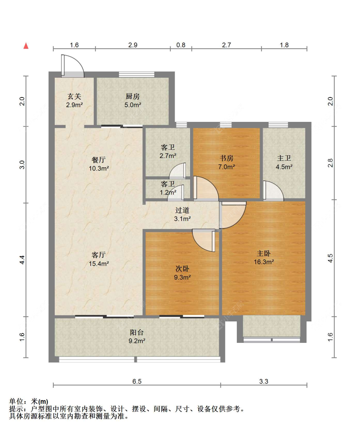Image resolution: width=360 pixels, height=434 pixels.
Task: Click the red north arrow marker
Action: [x=26, y=46]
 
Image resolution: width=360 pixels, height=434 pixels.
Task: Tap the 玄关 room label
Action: [x=74, y=97]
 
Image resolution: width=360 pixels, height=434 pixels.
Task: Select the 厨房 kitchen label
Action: [x=133, y=97]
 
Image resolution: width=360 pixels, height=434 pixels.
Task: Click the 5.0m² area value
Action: [x=133, y=105]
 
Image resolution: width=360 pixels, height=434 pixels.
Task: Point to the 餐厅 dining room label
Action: [x=99, y=160]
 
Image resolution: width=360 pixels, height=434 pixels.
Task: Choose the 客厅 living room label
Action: [x=99, y=255]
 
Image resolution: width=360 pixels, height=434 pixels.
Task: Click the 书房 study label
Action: [x=227, y=158]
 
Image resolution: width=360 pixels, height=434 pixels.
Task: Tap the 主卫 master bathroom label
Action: [x=284, y=158]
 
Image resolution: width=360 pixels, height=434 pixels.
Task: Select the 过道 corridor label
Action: [x=182, y=210]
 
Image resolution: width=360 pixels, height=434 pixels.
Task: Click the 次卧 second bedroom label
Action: [x=182, y=269]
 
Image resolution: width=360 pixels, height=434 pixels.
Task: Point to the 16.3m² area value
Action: [x=264, y=262]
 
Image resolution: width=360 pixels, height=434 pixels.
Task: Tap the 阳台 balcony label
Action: [x=137, y=333]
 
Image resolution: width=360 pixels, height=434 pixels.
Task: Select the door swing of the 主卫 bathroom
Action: [x=273, y=191]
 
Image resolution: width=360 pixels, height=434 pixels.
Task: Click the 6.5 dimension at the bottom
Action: [x=137, y=382]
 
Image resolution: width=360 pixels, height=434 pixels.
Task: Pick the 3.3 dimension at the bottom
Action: [x=264, y=382]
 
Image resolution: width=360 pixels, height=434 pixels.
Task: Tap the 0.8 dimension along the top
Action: [x=181, y=45]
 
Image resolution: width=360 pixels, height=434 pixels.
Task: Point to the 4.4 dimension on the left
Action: [x=22, y=260]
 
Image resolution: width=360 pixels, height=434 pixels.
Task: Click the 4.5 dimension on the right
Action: [x=331, y=258]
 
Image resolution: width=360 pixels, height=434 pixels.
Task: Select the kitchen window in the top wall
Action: [x=137, y=75]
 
